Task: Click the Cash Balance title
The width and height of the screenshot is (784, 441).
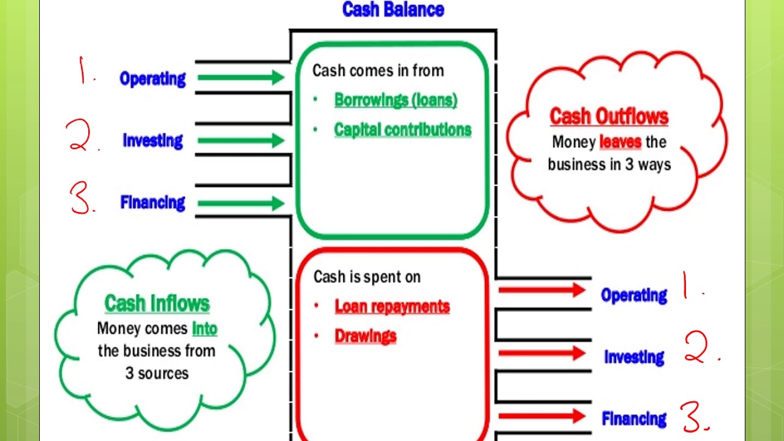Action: click(x=393, y=9)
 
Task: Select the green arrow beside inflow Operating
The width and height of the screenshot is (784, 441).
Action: click(x=240, y=78)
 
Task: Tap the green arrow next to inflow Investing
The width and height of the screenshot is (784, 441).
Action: click(x=240, y=140)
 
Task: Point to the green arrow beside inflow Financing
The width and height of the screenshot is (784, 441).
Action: click(x=240, y=203)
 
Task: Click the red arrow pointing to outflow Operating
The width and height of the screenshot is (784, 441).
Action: click(x=541, y=290)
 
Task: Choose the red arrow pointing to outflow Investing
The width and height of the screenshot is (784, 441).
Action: click(x=541, y=353)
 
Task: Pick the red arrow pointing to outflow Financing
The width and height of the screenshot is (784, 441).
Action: click(x=541, y=417)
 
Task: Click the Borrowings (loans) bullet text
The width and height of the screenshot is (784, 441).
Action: click(x=396, y=100)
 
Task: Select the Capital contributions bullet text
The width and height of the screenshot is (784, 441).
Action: click(x=402, y=129)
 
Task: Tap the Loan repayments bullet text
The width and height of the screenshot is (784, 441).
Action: click(x=392, y=306)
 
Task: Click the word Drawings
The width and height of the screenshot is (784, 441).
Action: click(x=366, y=336)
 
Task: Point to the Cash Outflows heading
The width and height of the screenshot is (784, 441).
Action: click(x=609, y=116)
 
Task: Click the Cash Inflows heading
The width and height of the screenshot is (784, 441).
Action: click(x=157, y=303)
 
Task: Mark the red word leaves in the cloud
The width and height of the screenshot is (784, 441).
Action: click(x=620, y=142)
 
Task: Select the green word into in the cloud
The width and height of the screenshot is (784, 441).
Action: click(x=205, y=328)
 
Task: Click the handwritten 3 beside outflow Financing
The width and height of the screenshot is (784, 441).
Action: click(x=694, y=417)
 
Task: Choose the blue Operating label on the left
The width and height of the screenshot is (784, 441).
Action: click(x=153, y=78)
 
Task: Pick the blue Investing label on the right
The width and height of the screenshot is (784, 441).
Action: click(x=634, y=357)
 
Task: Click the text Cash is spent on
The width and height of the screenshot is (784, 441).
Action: click(x=367, y=277)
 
